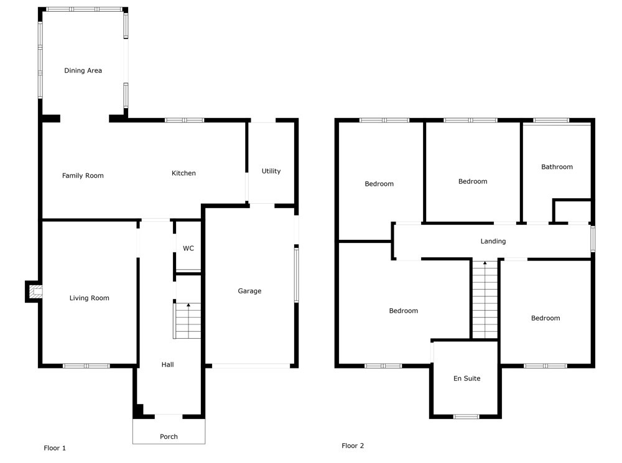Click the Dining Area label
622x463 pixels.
(83, 71)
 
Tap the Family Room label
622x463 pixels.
(83, 176)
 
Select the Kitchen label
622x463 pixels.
(183, 173)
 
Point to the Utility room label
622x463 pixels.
(271, 172)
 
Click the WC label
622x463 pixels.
(188, 249)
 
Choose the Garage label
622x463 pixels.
(249, 291)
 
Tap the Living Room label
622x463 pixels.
(89, 298)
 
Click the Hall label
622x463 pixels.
(167, 365)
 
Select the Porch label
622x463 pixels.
(169, 436)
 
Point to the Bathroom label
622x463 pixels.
(557, 167)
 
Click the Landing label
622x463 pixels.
(493, 241)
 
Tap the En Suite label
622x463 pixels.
(467, 378)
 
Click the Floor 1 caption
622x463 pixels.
(55, 448)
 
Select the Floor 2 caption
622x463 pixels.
(353, 446)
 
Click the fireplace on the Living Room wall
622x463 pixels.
(34, 291)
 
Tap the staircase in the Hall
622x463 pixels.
(187, 321)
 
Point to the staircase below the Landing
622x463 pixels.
(485, 300)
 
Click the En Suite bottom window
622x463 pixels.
(466, 416)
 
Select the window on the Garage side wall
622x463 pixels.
(296, 275)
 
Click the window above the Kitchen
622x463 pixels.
(185, 120)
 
